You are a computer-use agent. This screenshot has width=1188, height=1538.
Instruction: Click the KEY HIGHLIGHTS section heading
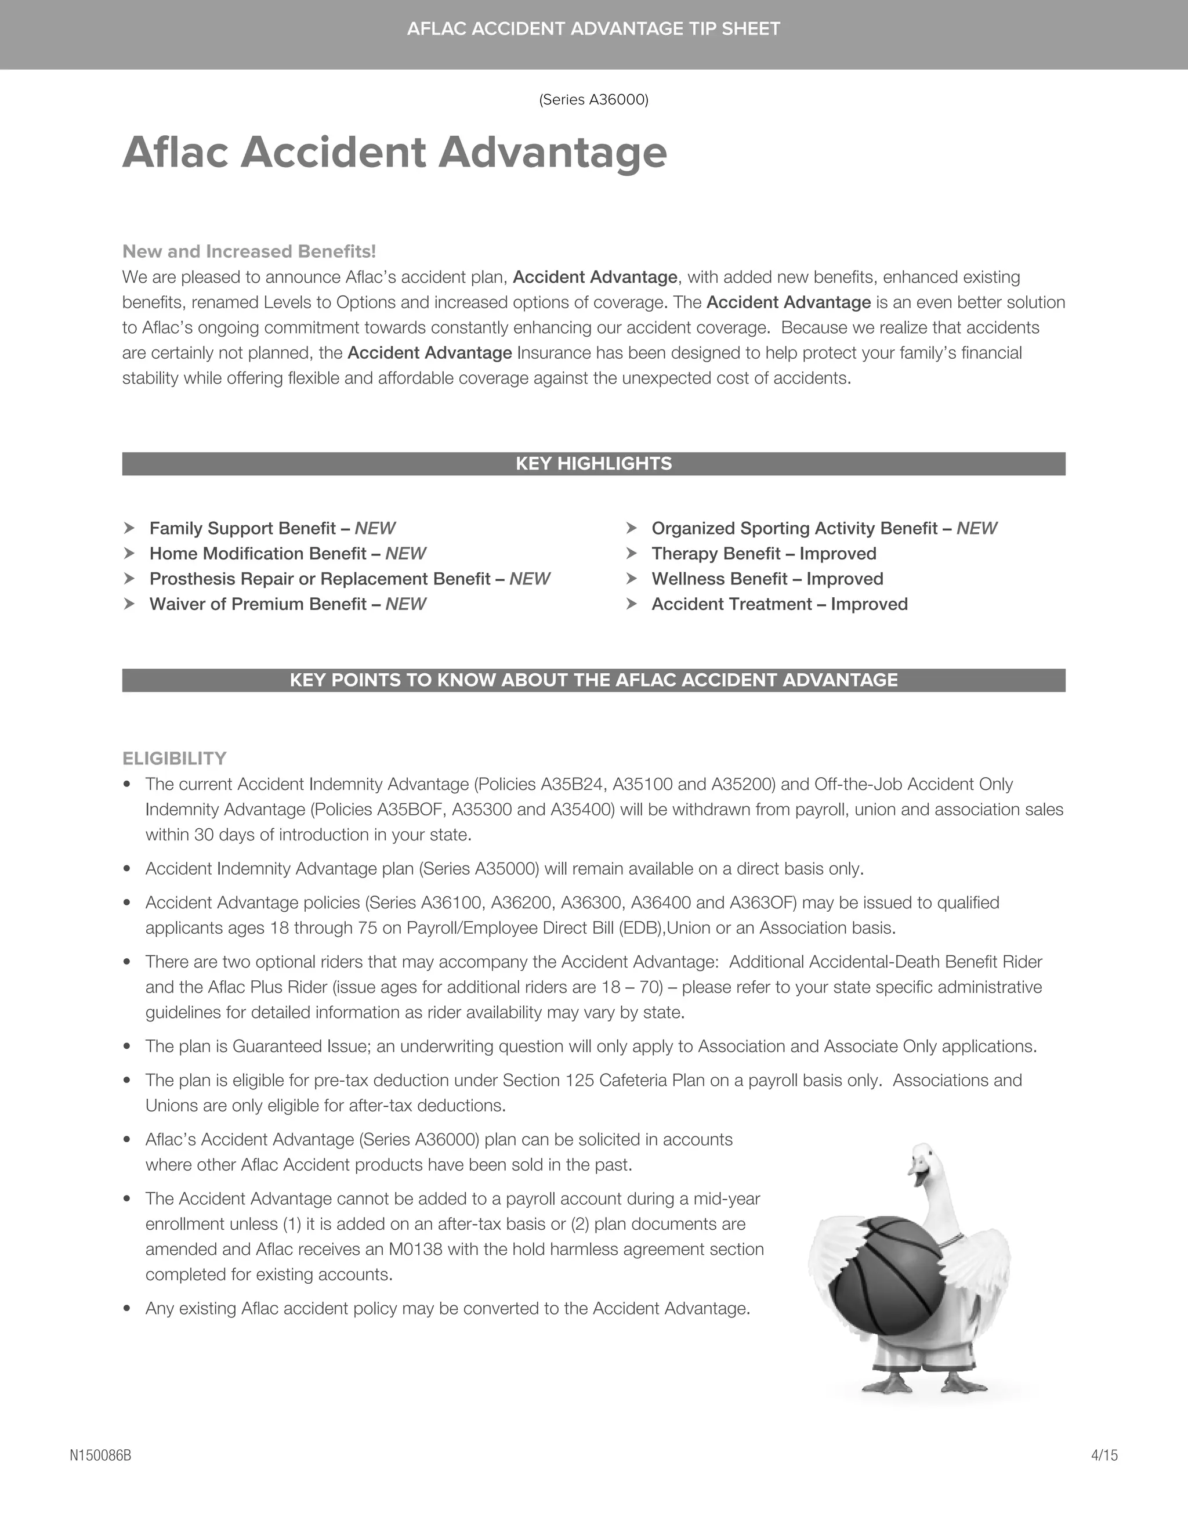pyautogui.click(x=593, y=463)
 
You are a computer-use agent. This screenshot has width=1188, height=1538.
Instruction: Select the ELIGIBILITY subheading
pyautogui.click(x=175, y=759)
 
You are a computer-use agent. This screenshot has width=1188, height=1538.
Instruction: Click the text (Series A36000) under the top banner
pyautogui.click(x=593, y=100)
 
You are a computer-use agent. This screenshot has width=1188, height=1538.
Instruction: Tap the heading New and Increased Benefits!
pyautogui.click(x=249, y=251)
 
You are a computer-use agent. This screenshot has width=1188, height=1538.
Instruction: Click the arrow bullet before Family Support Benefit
pyautogui.click(x=129, y=528)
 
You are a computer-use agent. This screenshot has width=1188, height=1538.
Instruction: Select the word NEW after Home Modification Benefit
pyautogui.click(x=405, y=554)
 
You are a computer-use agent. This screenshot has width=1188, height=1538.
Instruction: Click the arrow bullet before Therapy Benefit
pyautogui.click(x=631, y=554)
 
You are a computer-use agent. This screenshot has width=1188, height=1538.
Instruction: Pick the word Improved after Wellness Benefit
pyautogui.click(x=845, y=579)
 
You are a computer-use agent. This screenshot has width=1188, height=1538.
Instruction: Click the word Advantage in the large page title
pyautogui.click(x=552, y=153)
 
